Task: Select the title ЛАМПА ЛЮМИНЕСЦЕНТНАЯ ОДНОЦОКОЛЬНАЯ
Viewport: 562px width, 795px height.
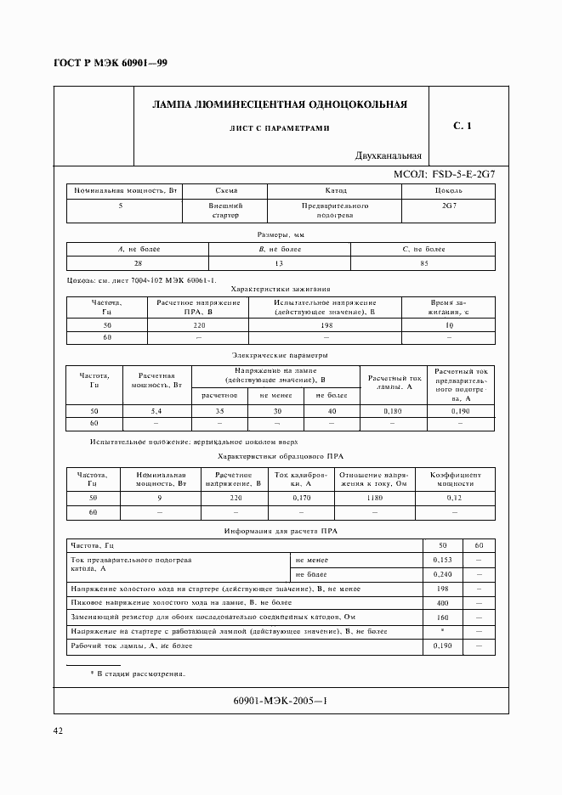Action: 279,104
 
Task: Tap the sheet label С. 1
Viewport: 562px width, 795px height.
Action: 463,127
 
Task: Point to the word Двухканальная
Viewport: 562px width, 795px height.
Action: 389,156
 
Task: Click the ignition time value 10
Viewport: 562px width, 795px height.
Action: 449,325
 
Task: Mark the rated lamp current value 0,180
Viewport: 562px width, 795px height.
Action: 393,410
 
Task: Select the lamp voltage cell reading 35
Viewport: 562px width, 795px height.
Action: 219,410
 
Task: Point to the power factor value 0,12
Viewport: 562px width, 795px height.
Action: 455,498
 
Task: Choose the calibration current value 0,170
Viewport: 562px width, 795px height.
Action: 302,498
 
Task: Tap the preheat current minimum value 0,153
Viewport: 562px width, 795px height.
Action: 441,561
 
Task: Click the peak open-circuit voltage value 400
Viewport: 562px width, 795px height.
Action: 441,603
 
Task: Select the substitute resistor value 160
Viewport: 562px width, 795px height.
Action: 441,617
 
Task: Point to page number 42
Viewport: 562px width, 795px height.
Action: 59,730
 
